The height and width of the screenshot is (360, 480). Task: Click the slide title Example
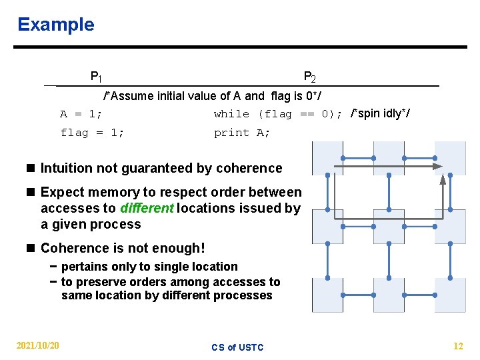click(56, 25)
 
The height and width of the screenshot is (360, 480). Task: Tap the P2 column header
click(309, 77)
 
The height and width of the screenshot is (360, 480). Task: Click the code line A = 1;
click(81, 114)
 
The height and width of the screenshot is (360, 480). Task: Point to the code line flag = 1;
click(92, 133)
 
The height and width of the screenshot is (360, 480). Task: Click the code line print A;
click(242, 133)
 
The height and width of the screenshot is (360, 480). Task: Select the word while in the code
click(231, 114)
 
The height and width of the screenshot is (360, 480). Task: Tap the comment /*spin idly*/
click(380, 113)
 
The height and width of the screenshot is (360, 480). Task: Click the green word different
click(147, 208)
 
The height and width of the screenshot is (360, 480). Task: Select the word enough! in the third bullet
click(181, 249)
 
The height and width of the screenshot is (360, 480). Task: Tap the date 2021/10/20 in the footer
click(37, 345)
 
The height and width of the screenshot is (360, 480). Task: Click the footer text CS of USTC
click(237, 347)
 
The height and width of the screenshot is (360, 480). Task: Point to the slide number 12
click(458, 345)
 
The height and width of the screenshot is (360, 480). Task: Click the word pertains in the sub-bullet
click(83, 267)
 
